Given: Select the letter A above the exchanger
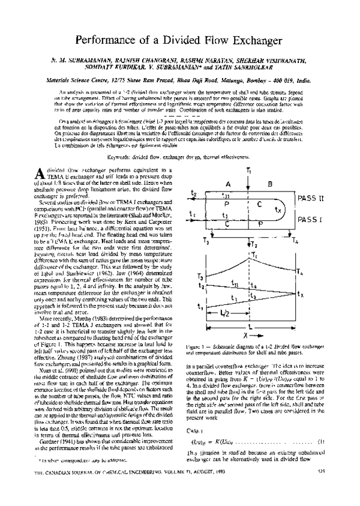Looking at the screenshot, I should coord(229,184).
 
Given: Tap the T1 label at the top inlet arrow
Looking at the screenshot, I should coord(249,171).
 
